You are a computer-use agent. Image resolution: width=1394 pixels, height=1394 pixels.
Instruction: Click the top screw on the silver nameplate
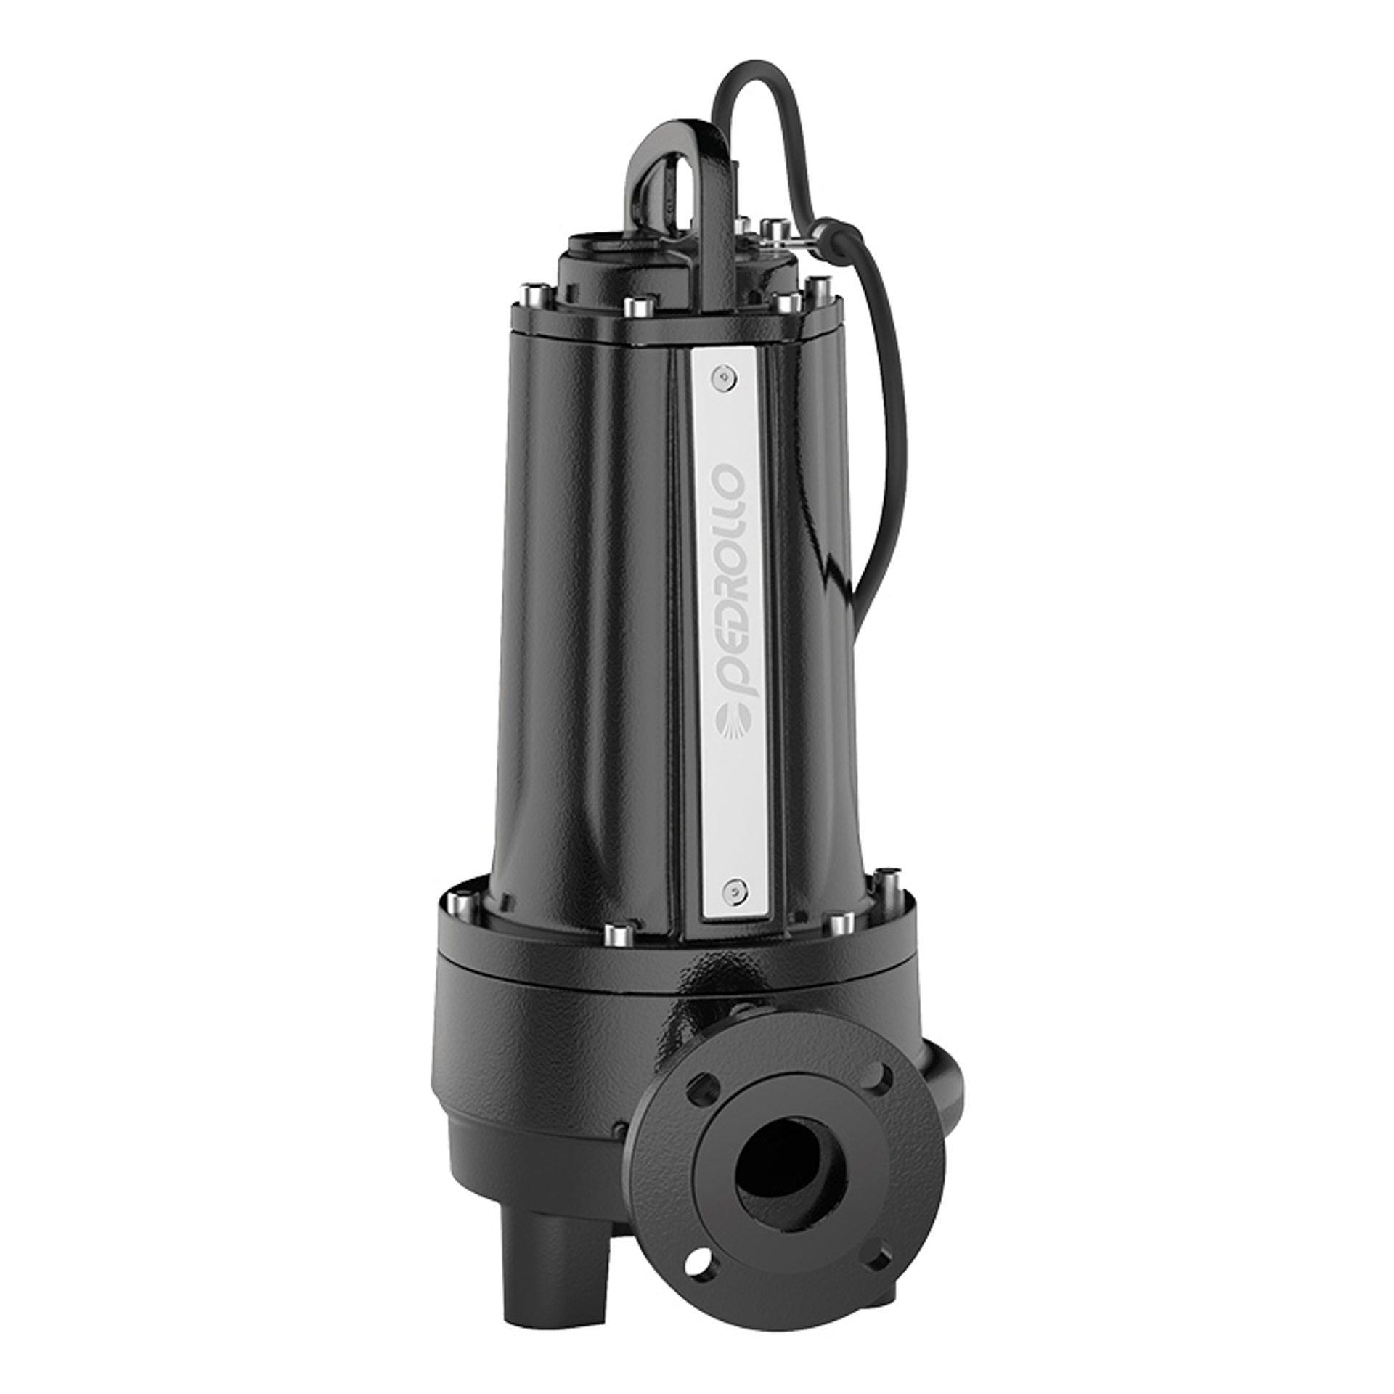tap(720, 375)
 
